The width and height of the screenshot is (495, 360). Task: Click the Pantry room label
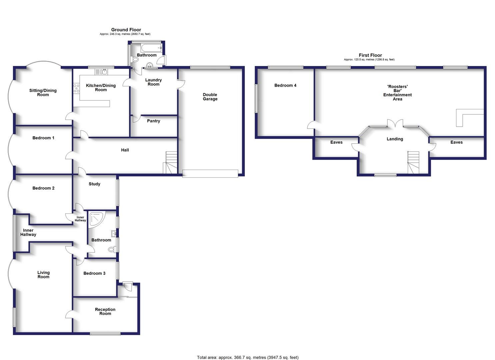tap(153, 121)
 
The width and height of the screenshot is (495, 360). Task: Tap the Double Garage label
tap(210, 97)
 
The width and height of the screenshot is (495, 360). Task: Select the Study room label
tap(94, 184)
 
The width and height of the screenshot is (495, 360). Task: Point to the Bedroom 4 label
tap(285, 85)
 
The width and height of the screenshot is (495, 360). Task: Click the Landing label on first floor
tap(395, 139)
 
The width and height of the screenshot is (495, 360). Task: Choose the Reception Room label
tap(105, 311)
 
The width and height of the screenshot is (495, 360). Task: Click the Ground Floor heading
tap(126, 30)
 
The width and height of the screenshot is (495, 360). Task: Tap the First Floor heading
tap(370, 55)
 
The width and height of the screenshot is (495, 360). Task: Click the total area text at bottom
tap(247, 357)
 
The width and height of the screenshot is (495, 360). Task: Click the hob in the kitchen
tap(76, 88)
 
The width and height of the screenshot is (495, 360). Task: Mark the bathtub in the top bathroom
tap(149, 48)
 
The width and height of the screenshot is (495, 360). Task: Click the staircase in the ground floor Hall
tap(170, 163)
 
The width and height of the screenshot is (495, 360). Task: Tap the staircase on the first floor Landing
tap(413, 162)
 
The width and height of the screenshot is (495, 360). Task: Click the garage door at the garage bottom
tap(210, 173)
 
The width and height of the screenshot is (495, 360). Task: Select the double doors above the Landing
tap(395, 123)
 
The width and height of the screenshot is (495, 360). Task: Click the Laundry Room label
tap(153, 82)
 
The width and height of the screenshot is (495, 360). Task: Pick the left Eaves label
tap(336, 142)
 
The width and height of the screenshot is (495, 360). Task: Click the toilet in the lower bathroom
tap(112, 249)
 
